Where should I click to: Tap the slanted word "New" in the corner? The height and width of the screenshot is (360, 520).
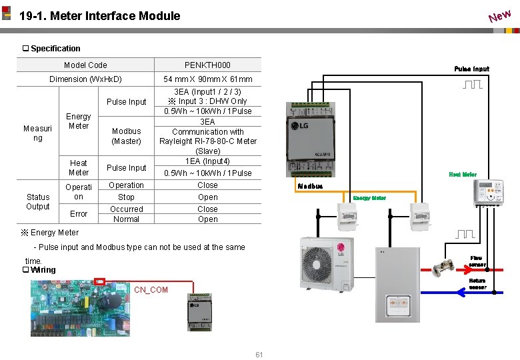click(499, 14)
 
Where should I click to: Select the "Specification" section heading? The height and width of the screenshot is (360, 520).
click(55, 49)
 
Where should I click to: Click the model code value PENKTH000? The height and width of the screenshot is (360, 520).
click(207, 65)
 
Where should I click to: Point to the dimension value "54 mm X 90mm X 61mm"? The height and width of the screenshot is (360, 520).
click(208, 79)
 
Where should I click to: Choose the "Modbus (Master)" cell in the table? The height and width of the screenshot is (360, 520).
click(126, 136)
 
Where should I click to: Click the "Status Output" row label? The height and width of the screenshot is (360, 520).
click(38, 201)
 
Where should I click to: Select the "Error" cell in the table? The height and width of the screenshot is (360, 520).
click(79, 214)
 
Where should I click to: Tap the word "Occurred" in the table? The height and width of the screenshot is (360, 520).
click(126, 209)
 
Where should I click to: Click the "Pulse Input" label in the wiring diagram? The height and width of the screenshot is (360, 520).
click(471, 69)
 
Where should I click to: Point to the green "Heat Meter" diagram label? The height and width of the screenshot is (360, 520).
click(463, 175)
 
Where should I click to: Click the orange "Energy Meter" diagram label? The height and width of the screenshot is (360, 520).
click(369, 198)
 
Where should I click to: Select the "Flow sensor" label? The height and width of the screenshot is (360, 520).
click(477, 261)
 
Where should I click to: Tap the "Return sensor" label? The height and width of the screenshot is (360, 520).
click(477, 284)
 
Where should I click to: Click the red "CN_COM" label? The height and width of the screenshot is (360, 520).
click(151, 290)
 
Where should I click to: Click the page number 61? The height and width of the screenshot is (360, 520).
click(259, 355)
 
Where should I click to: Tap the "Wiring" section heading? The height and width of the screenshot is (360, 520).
click(42, 270)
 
